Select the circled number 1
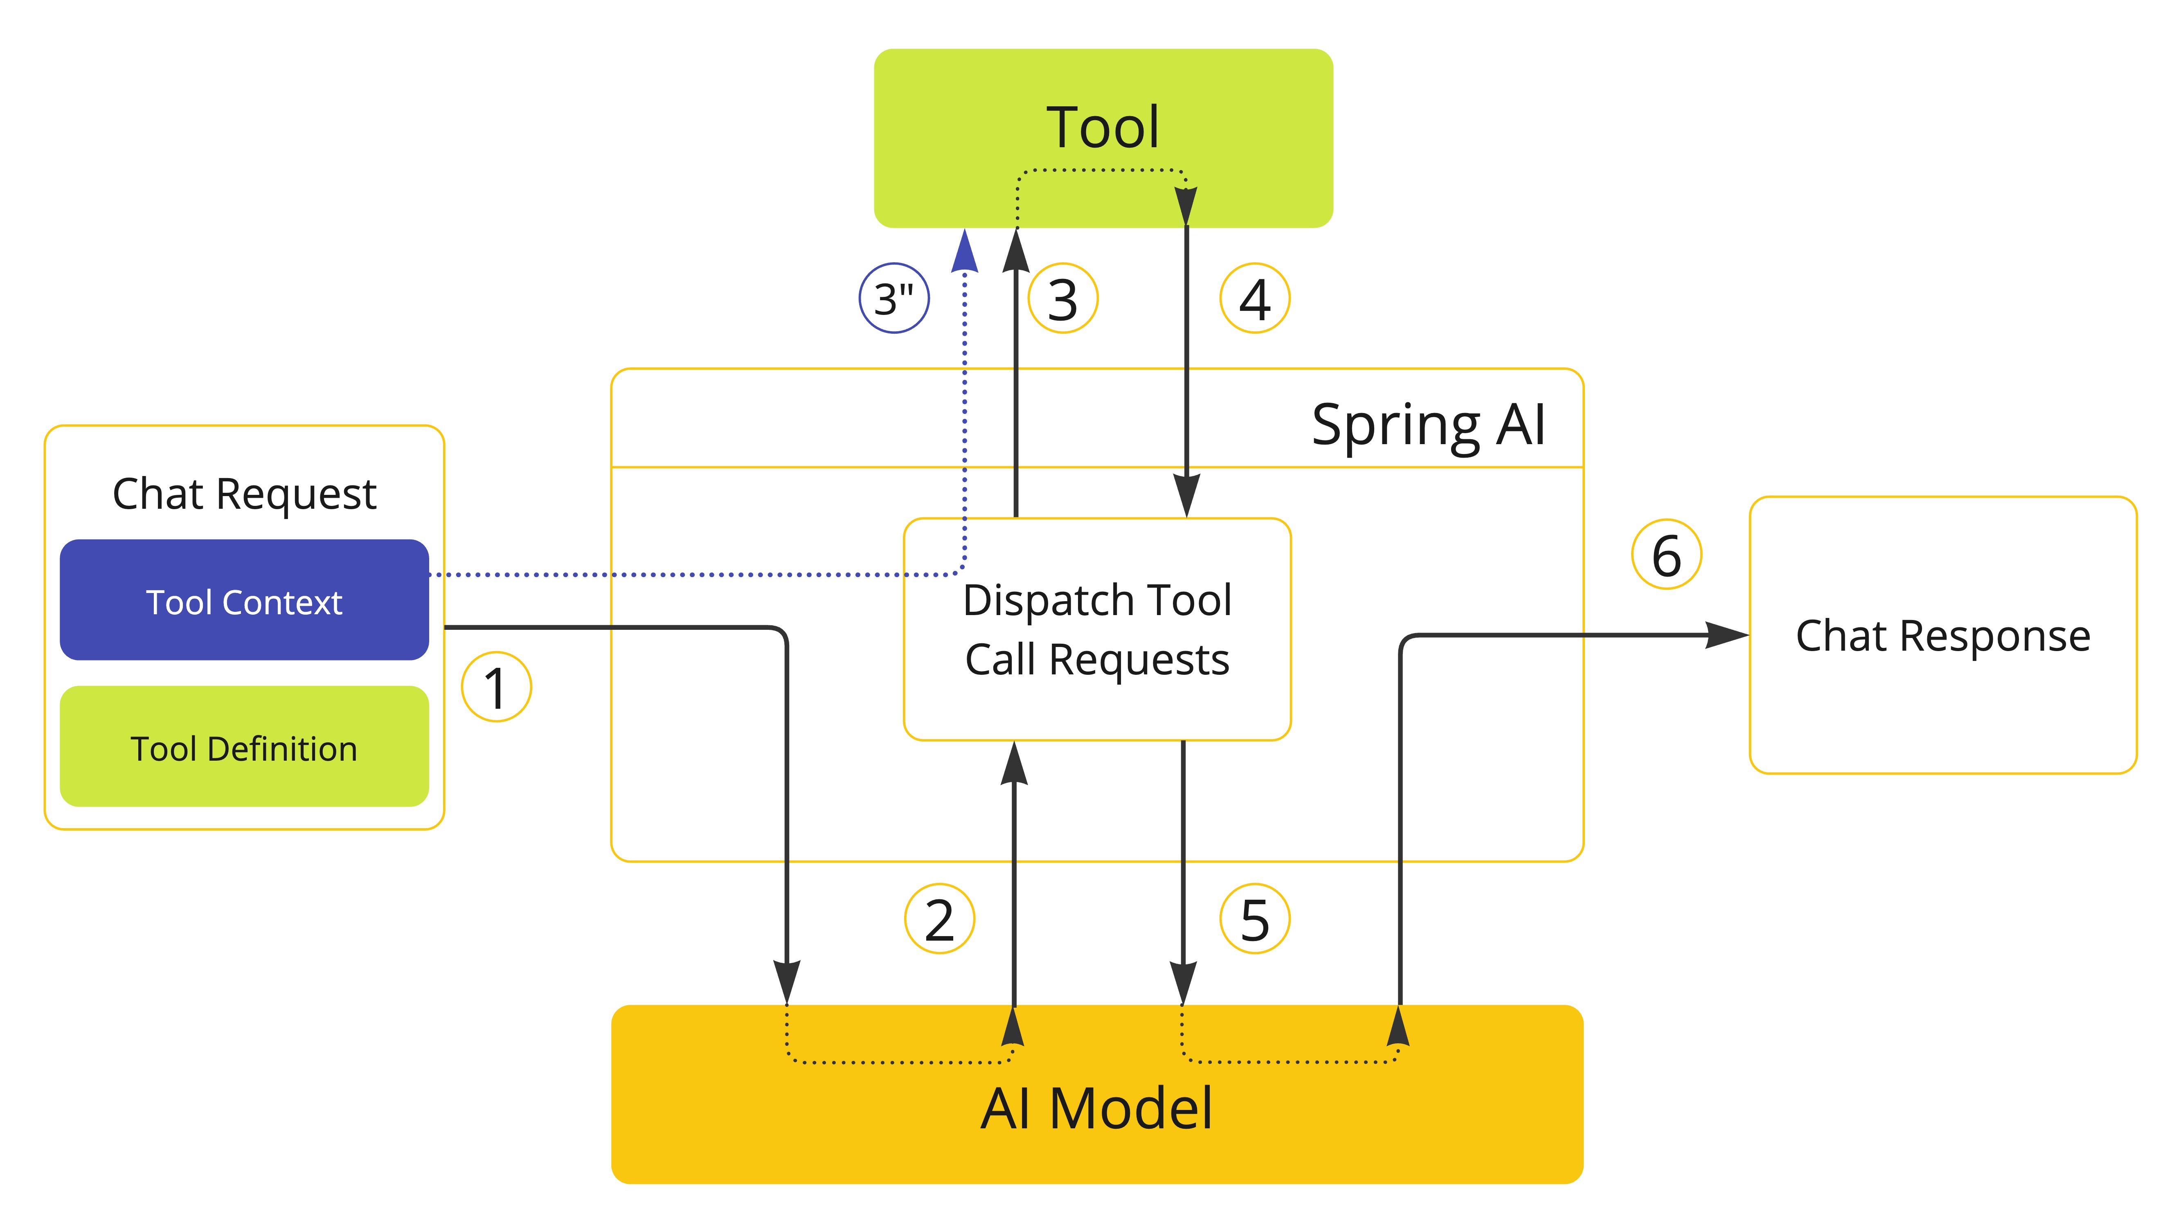click(x=496, y=687)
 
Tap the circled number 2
click(x=939, y=919)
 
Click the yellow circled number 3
click(x=1063, y=299)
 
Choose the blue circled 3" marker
click(x=894, y=299)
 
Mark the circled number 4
click(x=1255, y=299)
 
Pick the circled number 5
click(x=1255, y=919)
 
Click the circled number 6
click(x=1666, y=555)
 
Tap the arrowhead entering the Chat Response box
click(x=1725, y=635)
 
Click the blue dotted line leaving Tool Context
click(x=677, y=575)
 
